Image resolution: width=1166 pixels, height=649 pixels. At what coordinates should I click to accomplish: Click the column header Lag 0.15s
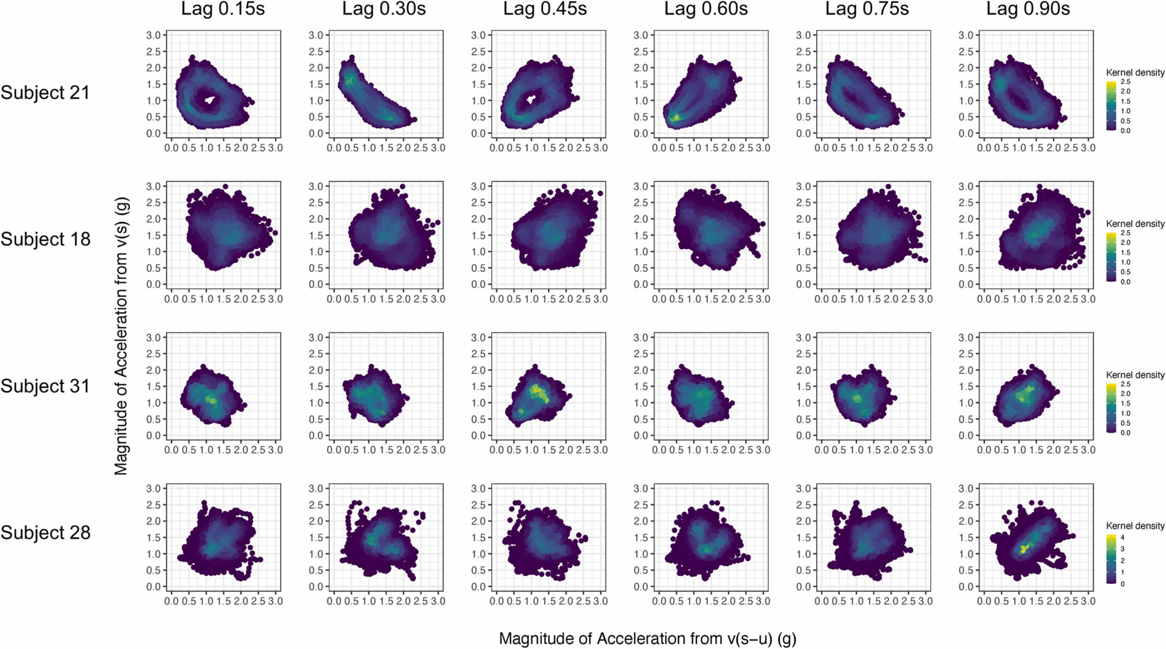(223, 9)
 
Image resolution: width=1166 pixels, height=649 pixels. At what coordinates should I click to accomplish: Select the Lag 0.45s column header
(545, 9)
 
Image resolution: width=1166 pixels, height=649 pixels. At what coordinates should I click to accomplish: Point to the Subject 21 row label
(45, 93)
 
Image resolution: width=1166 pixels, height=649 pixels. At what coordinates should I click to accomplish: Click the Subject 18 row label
(45, 239)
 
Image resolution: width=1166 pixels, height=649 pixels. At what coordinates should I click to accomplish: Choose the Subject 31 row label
(45, 386)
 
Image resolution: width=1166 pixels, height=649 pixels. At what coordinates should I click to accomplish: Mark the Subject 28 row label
(45, 532)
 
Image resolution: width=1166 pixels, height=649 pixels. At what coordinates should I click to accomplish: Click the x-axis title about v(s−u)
(647, 638)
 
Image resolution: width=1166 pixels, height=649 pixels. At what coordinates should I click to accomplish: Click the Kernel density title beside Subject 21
(1135, 72)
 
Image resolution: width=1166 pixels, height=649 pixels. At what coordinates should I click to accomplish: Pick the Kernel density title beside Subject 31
(1135, 375)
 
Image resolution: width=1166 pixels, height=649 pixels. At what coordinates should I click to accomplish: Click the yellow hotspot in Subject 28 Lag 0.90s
(1022, 549)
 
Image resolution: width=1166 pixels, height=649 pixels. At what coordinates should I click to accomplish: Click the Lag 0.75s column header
(867, 9)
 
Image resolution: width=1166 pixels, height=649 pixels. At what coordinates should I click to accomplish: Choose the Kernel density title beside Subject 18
(1135, 224)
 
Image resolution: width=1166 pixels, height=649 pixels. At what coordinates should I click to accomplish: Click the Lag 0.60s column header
(706, 9)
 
